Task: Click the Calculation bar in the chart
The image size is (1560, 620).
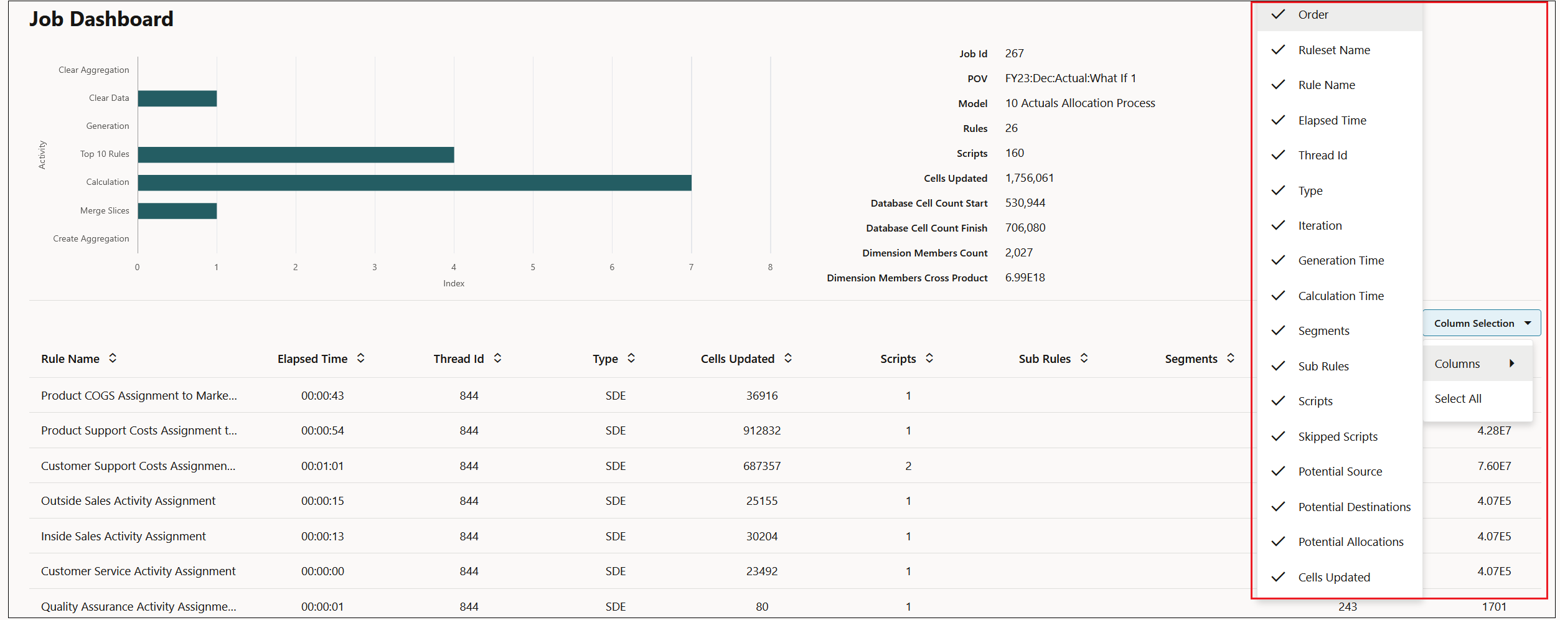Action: click(x=414, y=182)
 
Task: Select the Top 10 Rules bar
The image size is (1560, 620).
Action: click(x=296, y=154)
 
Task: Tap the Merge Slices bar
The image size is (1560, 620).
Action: click(x=177, y=211)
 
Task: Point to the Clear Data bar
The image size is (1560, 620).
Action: click(x=177, y=98)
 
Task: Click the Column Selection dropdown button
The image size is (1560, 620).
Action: click(x=1482, y=323)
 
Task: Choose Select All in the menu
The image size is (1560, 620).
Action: click(x=1458, y=399)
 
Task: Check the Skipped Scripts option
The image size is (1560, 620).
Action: click(x=1338, y=437)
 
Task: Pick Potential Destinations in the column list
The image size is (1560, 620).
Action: click(x=1354, y=507)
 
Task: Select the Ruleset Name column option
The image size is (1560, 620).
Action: click(x=1334, y=50)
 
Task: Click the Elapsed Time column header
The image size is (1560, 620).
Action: click(x=312, y=359)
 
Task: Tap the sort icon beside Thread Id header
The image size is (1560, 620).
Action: click(x=497, y=359)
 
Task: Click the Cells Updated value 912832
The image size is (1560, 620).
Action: click(x=761, y=431)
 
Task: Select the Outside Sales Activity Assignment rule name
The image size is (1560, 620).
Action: click(x=128, y=501)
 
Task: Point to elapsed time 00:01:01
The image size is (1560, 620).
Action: click(x=322, y=466)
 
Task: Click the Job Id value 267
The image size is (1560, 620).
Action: click(x=1014, y=54)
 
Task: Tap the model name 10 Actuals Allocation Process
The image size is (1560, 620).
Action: click(x=1080, y=103)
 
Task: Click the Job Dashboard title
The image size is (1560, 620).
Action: click(x=101, y=19)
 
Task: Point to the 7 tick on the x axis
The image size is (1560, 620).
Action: click(x=691, y=267)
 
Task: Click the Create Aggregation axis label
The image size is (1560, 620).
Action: click(x=91, y=239)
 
